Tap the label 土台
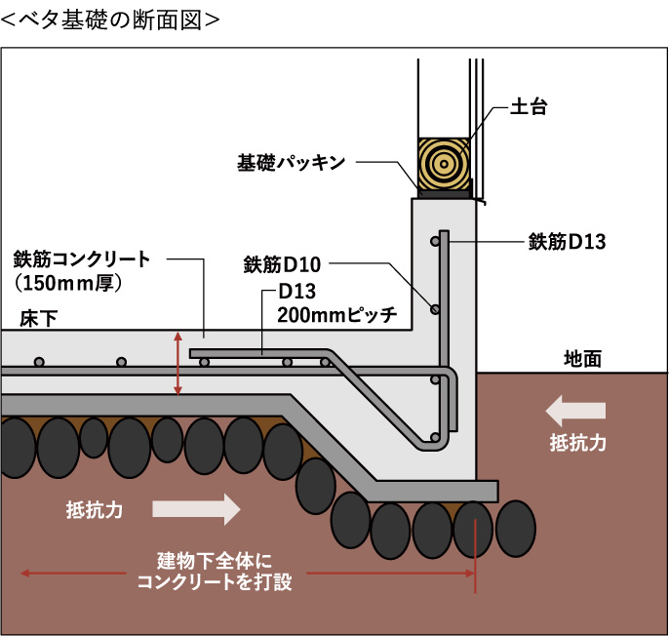527,107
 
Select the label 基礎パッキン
292,162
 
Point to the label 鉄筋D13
567,240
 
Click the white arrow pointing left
576,410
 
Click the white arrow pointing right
196,508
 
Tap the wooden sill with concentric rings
444,162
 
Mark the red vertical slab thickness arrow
177,363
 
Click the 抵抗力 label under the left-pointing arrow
577,443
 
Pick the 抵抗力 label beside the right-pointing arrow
95,508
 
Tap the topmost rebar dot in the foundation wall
434,240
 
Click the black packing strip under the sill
445,193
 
